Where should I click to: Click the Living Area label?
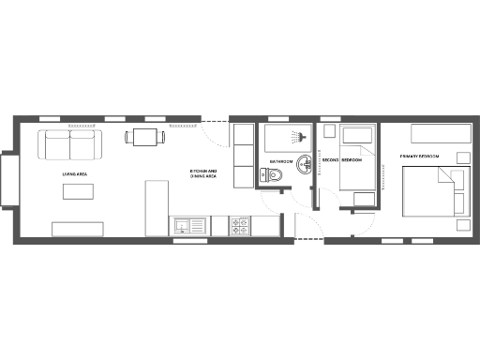click(74, 172)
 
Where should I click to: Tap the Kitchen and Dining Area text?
click(203, 172)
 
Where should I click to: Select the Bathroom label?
click(281, 161)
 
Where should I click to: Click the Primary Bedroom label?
click(419, 156)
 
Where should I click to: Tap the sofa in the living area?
click(70, 144)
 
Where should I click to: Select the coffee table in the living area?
click(79, 191)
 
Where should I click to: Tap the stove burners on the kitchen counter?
click(240, 225)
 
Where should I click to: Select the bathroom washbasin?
click(306, 172)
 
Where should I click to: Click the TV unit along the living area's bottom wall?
click(80, 228)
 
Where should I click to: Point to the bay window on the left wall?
click(7, 180)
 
